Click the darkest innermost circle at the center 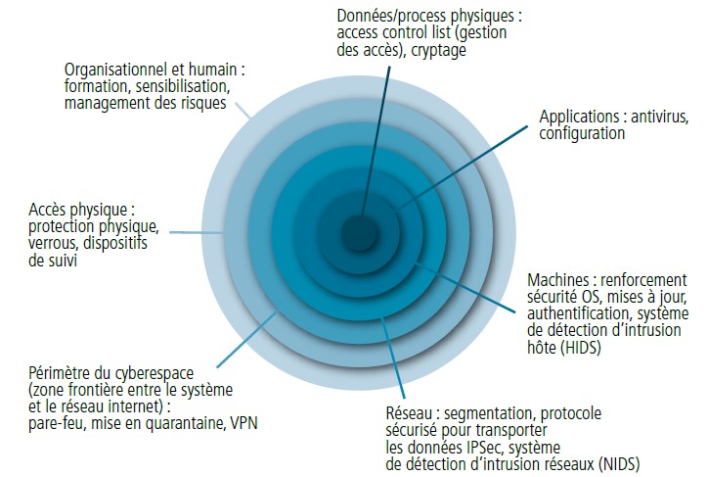[x=359, y=233]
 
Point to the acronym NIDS [x=619, y=464]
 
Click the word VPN [x=243, y=423]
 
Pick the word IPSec [x=487, y=448]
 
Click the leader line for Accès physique [x=197, y=232]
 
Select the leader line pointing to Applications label [x=462, y=168]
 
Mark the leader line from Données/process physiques [x=376, y=140]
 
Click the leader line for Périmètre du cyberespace [x=247, y=339]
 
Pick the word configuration [x=582, y=134]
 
